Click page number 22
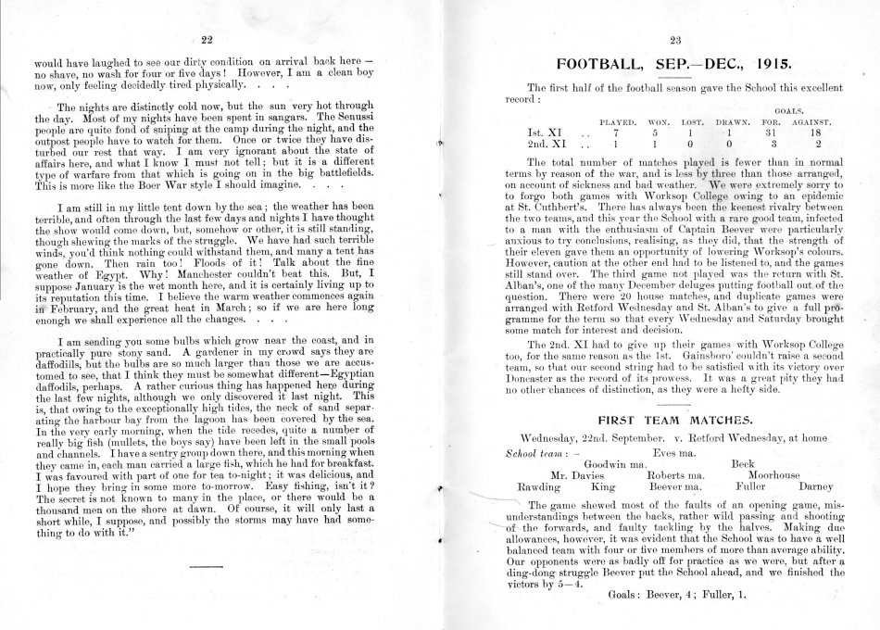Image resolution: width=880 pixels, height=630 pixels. point(207,38)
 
